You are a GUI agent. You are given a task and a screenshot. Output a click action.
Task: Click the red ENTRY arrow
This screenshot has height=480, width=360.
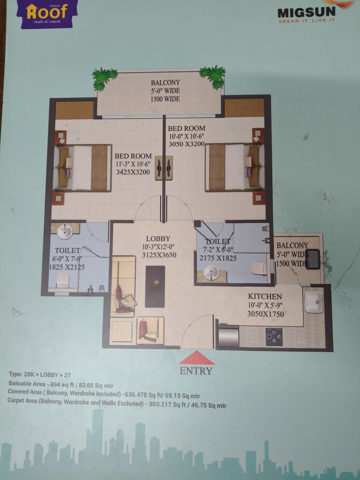coord(197,358)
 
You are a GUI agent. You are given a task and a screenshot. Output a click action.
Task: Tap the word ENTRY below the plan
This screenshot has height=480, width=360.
coord(196,371)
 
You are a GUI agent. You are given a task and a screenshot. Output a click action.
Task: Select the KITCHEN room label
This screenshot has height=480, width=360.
coord(265,296)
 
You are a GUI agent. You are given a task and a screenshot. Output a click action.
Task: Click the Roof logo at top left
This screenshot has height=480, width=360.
coord(47,13)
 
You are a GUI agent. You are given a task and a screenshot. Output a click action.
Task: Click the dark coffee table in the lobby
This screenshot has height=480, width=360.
coord(155,286)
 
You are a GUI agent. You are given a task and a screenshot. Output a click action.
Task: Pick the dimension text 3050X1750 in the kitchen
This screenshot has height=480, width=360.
coord(265,314)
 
